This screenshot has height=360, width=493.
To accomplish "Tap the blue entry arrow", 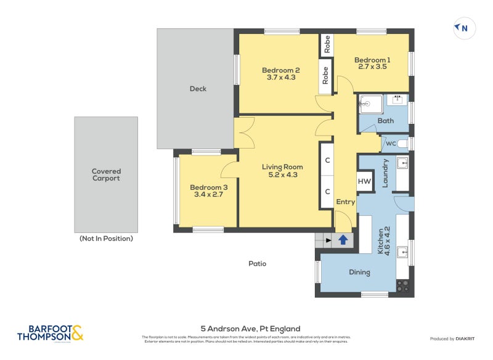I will click(x=343, y=240).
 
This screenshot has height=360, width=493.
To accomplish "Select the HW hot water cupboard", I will click(x=364, y=182).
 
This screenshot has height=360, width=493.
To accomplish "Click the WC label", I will click(x=391, y=144).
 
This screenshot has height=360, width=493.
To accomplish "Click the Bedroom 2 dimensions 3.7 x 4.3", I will click(x=280, y=78).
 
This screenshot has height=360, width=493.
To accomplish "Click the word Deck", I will click(x=198, y=89).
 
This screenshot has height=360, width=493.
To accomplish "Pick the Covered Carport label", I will click(x=106, y=174).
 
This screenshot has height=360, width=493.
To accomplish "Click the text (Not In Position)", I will click(x=106, y=238).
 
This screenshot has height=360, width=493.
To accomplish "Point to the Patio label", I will click(x=257, y=263).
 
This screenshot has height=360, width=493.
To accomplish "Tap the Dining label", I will click(x=359, y=272).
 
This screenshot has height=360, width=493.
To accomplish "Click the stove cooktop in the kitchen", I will click(x=402, y=285).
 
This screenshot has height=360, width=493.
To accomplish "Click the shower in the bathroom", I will click(x=371, y=104).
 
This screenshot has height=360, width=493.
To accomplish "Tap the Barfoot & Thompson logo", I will click(x=49, y=333).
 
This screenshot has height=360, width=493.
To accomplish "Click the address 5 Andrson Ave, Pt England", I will click(x=250, y=329).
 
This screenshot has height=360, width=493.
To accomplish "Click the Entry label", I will click(x=345, y=202).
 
